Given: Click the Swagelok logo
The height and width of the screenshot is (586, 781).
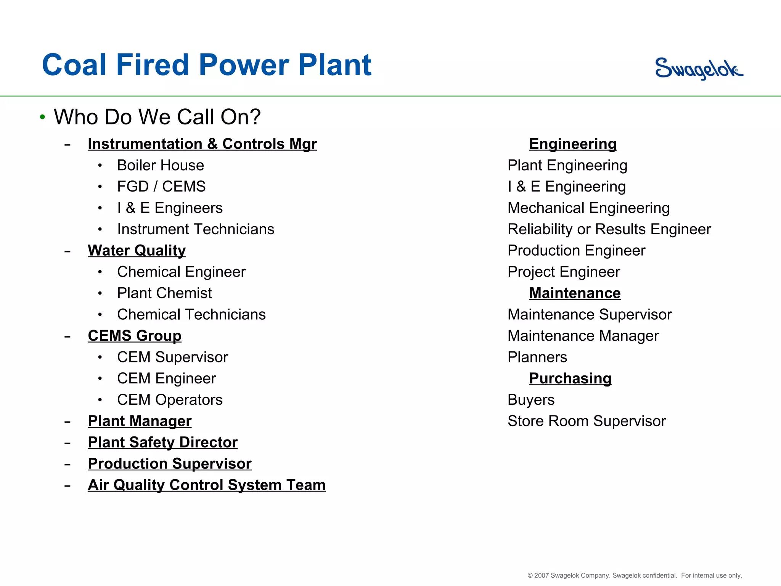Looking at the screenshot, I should tap(699, 69).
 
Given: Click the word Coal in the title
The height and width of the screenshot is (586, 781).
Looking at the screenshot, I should tap(74, 65).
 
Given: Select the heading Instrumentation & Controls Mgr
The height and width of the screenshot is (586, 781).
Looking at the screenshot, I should tap(202, 144).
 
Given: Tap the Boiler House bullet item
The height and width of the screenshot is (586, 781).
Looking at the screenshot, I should tap(160, 165).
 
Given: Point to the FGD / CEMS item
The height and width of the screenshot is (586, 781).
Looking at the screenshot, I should tap(161, 187).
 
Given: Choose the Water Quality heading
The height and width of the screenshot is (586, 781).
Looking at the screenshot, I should tap(137, 251).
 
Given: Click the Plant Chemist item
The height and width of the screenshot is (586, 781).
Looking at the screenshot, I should tap(164, 293).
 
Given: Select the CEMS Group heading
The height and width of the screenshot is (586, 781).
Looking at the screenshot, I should tap(134, 336).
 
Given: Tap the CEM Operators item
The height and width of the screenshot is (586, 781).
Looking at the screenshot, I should tap(169, 400).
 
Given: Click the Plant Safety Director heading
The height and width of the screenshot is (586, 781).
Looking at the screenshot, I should tap(162, 442).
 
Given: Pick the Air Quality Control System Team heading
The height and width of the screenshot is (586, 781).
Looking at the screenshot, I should tap(206, 485).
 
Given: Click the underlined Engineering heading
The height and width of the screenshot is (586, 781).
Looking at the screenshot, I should tap(572, 144).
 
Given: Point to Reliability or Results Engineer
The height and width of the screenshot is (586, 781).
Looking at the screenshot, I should tap(609, 229).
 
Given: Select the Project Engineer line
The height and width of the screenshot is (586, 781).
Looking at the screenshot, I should tap(564, 272).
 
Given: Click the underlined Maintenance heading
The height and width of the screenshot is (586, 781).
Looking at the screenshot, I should tap(575, 293).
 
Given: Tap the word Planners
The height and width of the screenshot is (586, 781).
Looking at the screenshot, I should tap(537, 357).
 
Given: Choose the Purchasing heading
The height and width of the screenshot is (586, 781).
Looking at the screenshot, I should tap(570, 378).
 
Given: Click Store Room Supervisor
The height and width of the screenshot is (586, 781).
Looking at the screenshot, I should tap(586, 421).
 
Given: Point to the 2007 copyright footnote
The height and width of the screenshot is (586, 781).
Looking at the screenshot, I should tap(634, 575).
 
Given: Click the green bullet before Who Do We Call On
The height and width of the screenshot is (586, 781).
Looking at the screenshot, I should tap(42, 117).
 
